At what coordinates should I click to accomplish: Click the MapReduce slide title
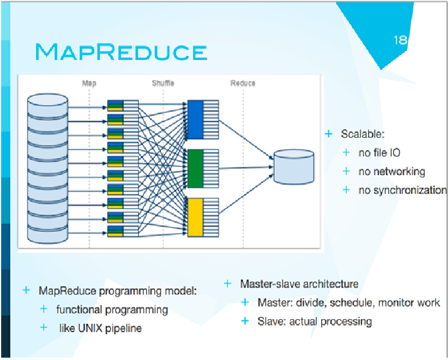121,52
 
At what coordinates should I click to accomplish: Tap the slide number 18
400,40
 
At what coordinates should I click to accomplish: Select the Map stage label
89,83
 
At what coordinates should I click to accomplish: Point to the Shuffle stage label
163,83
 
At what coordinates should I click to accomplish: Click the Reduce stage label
243,83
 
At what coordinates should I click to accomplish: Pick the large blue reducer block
195,119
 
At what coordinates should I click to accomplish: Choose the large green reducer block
195,168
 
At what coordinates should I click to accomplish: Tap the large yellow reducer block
195,217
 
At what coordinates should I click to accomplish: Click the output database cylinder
294,167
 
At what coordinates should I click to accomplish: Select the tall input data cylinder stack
48,169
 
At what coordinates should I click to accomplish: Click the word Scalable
363,134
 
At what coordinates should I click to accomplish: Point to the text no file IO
379,153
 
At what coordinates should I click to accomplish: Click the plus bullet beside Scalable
329,134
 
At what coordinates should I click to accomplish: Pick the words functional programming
112,310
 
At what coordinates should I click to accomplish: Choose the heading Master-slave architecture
299,284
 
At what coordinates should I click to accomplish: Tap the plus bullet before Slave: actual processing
245,321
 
